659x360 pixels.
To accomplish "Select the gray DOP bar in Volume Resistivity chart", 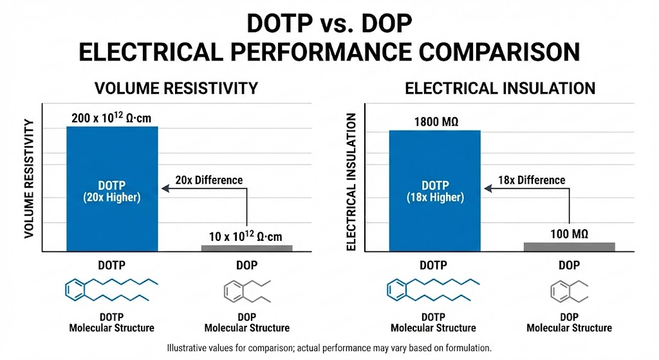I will click(x=246, y=247).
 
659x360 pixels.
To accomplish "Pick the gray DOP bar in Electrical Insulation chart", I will click(x=569, y=246).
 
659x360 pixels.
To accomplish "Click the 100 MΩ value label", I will click(x=569, y=233).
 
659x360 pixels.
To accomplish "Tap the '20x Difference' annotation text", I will click(x=209, y=180).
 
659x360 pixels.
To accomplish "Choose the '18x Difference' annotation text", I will click(x=532, y=180).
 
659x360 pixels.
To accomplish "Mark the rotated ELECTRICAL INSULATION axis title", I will click(x=352, y=182).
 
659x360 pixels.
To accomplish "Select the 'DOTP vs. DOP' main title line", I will click(x=329, y=25).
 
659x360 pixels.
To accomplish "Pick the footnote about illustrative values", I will click(x=329, y=348).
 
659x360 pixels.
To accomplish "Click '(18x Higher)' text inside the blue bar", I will click(x=435, y=197).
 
